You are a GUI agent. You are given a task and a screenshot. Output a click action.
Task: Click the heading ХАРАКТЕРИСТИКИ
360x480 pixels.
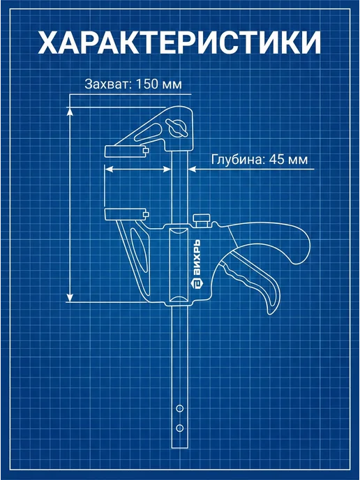tap(180, 43)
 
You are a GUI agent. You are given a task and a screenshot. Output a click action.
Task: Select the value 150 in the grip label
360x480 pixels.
tap(146, 84)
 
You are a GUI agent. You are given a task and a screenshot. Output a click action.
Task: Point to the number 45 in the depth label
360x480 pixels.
tap(276, 160)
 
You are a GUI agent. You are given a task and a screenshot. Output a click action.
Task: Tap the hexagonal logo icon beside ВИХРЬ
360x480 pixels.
tap(196, 284)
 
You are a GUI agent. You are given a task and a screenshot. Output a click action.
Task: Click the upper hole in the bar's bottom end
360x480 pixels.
tap(180, 408)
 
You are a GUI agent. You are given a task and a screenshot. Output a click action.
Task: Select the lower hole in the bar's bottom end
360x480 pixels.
tap(180, 428)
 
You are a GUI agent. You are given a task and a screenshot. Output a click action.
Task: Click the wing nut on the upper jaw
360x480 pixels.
tap(177, 128)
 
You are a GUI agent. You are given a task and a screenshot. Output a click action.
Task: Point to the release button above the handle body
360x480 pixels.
tap(202, 220)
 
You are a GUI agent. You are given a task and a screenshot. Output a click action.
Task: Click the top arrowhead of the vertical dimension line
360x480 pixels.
tap(70, 112)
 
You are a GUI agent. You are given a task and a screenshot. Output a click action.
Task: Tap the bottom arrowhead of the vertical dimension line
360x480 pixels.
tap(70, 297)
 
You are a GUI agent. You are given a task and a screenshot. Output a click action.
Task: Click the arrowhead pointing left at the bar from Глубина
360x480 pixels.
tap(193, 169)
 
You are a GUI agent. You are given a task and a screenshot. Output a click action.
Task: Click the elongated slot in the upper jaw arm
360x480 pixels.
tap(148, 133)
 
